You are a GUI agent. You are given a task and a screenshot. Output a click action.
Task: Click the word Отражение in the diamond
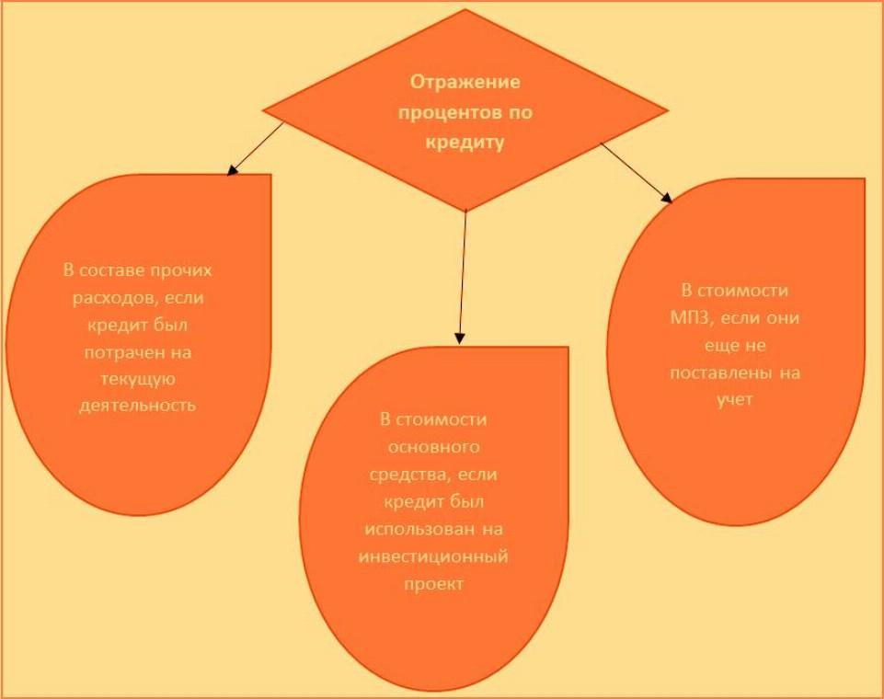click(x=465, y=82)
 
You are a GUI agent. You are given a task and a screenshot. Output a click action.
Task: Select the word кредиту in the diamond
click(x=465, y=143)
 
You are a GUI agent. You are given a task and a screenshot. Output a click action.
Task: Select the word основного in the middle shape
click(x=432, y=448)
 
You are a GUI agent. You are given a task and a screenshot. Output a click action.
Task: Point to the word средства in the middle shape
click(x=419, y=476)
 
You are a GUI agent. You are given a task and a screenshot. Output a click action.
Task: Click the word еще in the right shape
click(x=711, y=347)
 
